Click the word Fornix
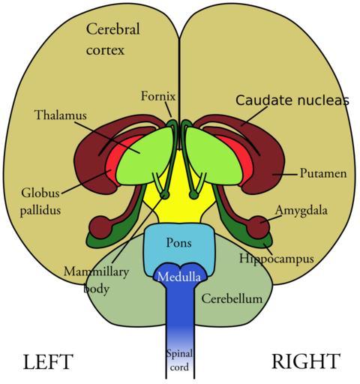point(158,96)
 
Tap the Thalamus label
point(61,115)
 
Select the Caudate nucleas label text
point(292,100)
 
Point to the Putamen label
point(323,173)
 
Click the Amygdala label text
point(301,211)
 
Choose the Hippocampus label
point(277,259)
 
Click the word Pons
point(179,243)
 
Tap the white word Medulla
point(179,277)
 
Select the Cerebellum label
point(232,298)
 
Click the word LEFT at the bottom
point(48,361)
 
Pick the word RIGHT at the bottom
point(306,361)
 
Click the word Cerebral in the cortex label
point(112,28)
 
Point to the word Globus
point(40,193)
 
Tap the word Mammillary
point(96,271)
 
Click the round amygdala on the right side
point(259,227)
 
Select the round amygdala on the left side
point(100,227)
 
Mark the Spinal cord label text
point(179,360)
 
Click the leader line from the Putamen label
point(286,174)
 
